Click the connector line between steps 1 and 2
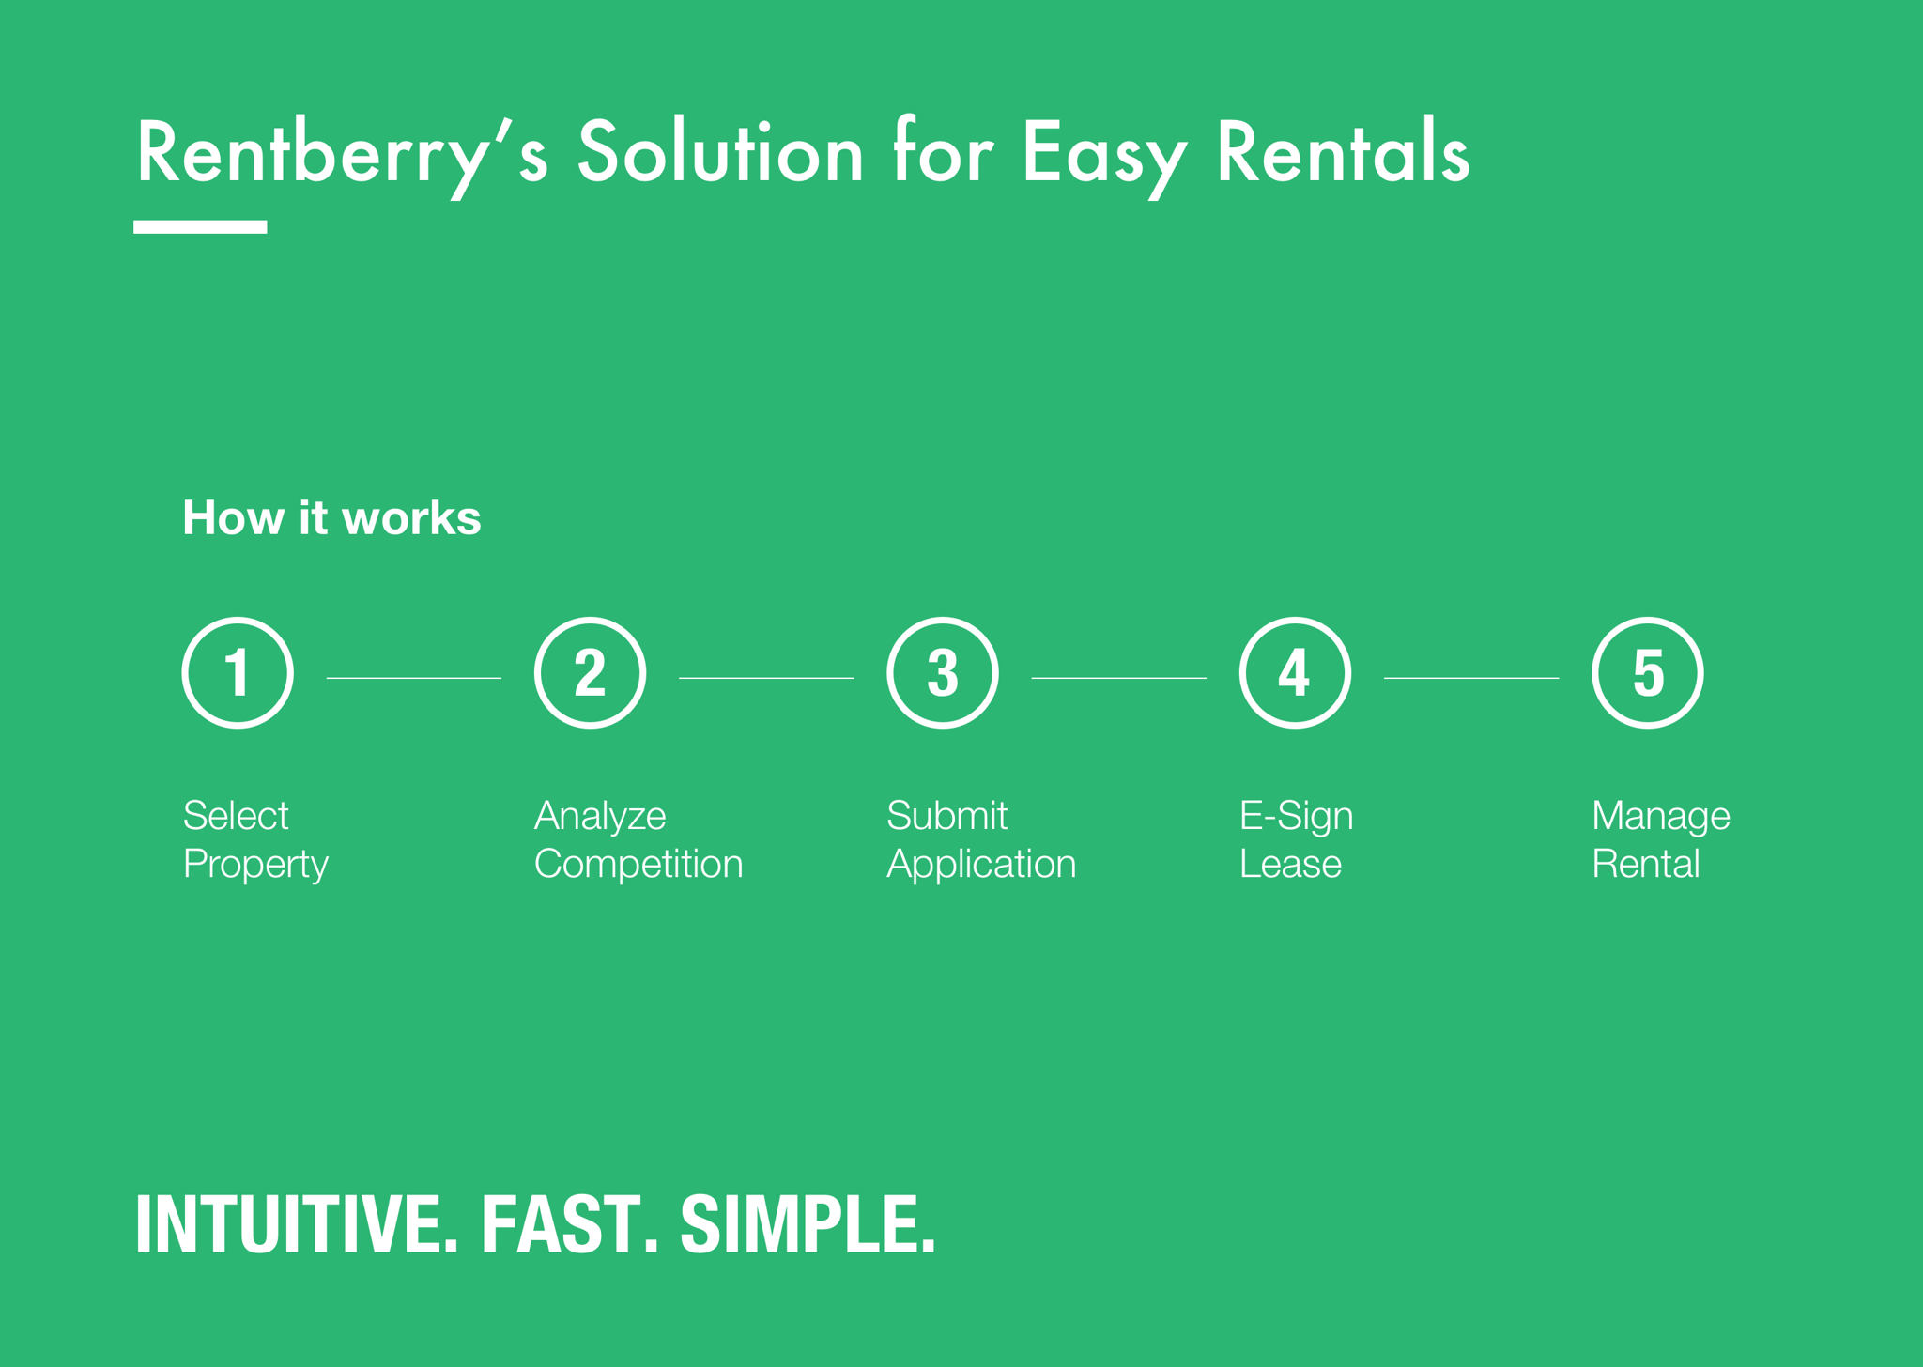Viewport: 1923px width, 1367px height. click(x=414, y=678)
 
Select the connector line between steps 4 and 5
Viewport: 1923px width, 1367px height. click(x=1471, y=678)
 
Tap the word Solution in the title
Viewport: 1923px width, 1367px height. click(x=720, y=152)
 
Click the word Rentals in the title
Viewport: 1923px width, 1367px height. click(x=1343, y=152)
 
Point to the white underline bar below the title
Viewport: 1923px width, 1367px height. click(x=200, y=227)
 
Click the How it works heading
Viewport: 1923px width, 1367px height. click(x=331, y=517)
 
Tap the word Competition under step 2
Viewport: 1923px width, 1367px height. click(x=638, y=864)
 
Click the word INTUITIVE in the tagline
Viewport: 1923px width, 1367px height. click(x=297, y=1224)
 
